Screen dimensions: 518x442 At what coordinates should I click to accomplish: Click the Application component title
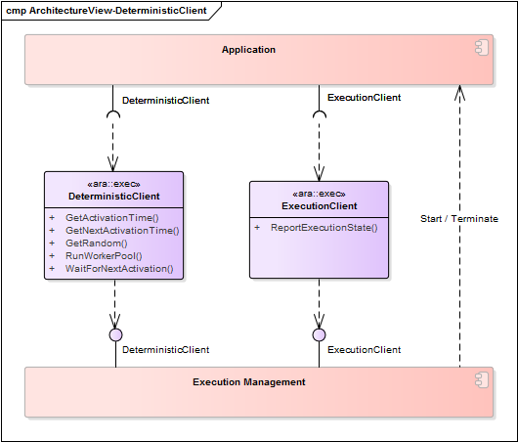(248, 50)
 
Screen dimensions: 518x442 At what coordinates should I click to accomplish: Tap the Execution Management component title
(249, 382)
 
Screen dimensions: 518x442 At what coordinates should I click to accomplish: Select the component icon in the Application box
(481, 48)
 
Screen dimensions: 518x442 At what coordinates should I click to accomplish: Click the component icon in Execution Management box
(481, 380)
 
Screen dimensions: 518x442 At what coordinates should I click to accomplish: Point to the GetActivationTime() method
(112, 218)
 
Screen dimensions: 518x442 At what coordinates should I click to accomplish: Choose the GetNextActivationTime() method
(122, 231)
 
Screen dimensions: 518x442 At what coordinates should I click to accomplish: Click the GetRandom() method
(97, 243)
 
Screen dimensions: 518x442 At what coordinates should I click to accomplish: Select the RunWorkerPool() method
(104, 256)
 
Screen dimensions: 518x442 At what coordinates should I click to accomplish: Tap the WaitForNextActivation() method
(119, 269)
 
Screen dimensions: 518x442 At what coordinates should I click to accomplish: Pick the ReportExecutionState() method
(324, 228)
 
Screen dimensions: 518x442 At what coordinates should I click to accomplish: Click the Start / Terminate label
(459, 219)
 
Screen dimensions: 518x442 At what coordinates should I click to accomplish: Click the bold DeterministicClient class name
(114, 197)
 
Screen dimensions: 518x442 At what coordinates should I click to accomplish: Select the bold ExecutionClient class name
(320, 206)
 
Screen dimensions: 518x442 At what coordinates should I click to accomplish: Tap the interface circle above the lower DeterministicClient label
(115, 334)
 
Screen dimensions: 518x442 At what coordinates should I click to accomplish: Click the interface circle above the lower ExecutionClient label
(319, 334)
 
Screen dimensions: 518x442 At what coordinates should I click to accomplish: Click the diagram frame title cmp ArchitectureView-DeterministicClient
(107, 11)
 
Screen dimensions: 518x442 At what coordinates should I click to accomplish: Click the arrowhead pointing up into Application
(459, 93)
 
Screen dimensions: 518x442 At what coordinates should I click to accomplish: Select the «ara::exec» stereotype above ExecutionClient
(320, 194)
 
